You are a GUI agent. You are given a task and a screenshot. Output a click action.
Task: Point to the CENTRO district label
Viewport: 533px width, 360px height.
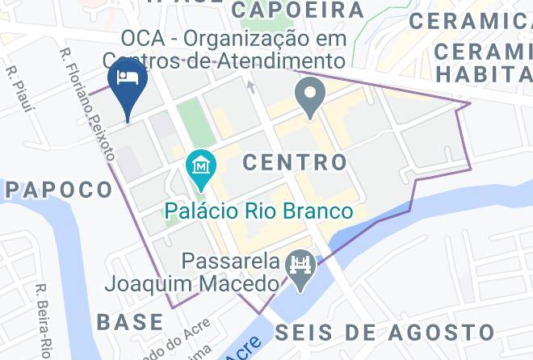[x=295, y=162]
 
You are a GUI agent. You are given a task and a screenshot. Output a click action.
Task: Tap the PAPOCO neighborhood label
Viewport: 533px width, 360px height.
[x=59, y=190]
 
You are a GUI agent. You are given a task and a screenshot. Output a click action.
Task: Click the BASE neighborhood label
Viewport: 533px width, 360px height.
[x=130, y=321]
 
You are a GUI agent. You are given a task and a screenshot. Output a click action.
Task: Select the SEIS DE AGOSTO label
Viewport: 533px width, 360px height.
[x=384, y=332]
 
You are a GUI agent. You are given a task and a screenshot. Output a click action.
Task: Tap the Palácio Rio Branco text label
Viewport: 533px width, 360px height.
[x=259, y=211]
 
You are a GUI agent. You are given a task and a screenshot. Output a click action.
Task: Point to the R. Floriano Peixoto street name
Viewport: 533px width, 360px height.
[x=86, y=103]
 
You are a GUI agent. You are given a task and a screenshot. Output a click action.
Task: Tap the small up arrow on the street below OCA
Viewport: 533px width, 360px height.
[x=250, y=85]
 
